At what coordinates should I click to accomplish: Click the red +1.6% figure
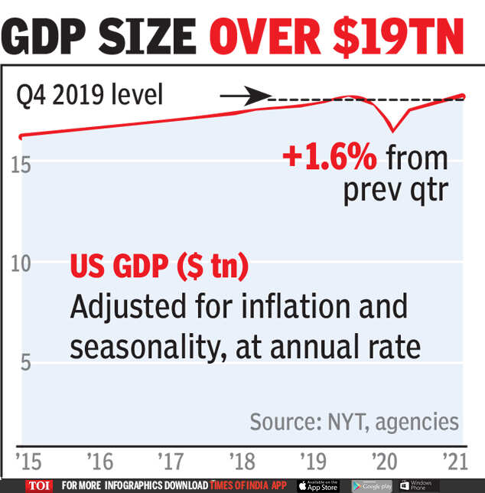tap(329, 158)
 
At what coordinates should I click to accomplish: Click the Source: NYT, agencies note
tap(354, 421)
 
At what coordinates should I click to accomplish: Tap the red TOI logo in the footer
tap(38, 485)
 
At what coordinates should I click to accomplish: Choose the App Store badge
tap(317, 485)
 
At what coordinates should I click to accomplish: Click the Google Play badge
tap(371, 485)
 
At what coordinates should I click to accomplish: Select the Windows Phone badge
tap(418, 485)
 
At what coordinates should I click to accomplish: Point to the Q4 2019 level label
tap(90, 97)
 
